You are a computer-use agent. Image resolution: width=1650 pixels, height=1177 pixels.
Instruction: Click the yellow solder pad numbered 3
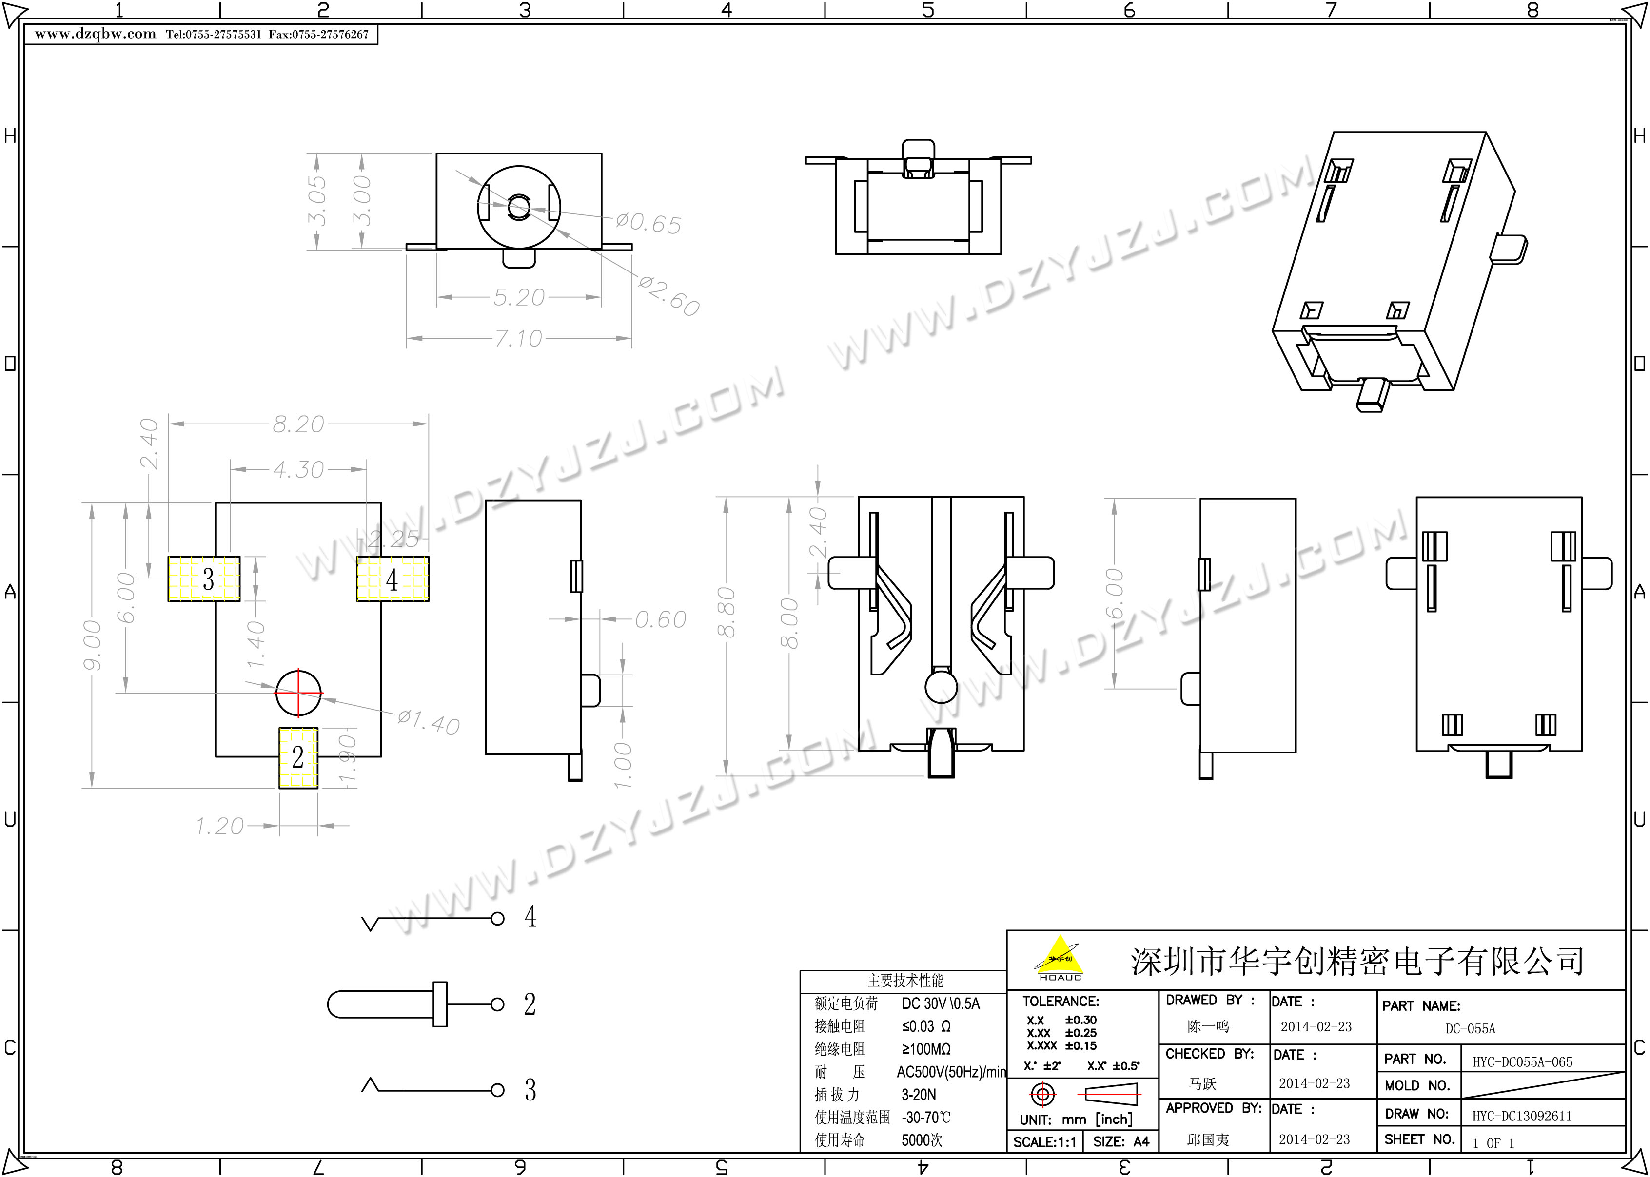click(x=204, y=579)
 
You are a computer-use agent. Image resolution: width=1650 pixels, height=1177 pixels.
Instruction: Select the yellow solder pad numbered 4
click(x=392, y=579)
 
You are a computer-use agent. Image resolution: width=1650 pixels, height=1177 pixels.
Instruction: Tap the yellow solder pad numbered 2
click(x=298, y=757)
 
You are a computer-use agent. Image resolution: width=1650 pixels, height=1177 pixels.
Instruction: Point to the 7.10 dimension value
click(x=518, y=338)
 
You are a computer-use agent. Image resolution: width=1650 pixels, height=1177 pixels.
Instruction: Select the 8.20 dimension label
click(x=298, y=424)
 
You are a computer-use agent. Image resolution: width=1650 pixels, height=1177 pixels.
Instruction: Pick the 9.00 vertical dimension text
click(x=92, y=644)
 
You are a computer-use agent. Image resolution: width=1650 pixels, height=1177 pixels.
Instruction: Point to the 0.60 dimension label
click(x=660, y=619)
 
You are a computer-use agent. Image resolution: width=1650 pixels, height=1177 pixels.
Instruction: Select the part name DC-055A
click(x=1470, y=1028)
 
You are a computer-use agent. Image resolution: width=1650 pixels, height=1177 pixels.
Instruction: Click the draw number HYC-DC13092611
click(x=1522, y=1116)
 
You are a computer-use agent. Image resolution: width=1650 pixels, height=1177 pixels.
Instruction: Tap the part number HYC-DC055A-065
click(x=1522, y=1062)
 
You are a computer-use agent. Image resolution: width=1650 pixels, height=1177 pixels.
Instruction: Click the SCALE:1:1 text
click(x=1044, y=1142)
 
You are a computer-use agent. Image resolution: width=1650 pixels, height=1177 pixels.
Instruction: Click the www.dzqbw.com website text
click(x=95, y=34)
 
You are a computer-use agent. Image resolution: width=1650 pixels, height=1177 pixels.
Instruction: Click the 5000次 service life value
click(x=922, y=1140)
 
